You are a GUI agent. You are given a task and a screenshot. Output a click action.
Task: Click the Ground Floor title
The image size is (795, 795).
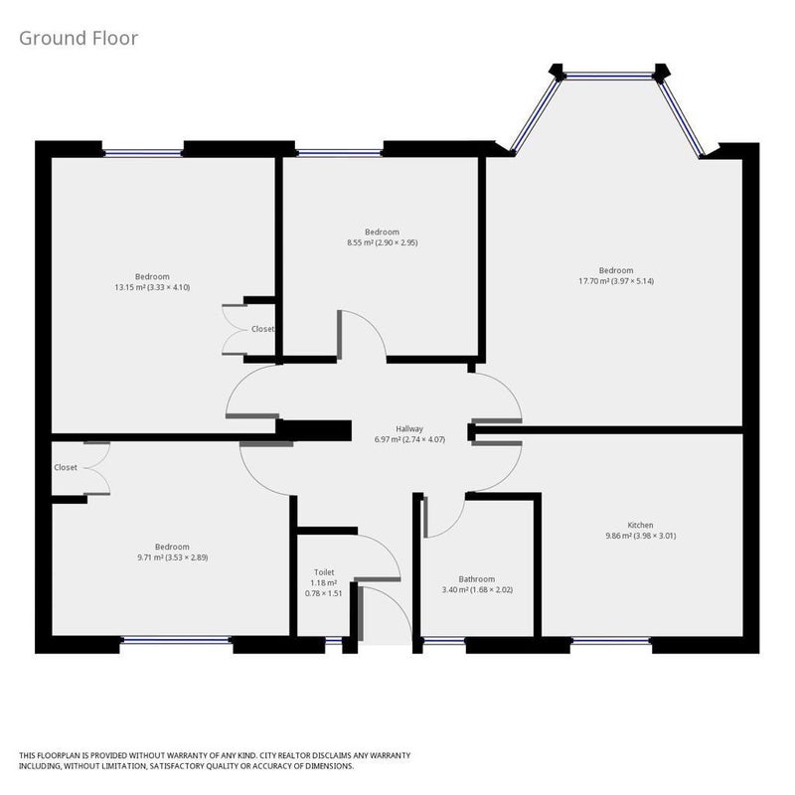79,39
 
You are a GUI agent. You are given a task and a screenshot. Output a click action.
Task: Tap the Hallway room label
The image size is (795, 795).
409,429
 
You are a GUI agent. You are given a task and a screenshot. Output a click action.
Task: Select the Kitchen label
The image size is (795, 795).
640,525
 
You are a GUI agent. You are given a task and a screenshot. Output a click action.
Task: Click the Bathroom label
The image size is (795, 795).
477,579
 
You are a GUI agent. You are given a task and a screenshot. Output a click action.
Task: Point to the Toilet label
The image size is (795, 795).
324,572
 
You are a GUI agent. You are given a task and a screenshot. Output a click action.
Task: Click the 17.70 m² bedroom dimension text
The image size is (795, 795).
616,281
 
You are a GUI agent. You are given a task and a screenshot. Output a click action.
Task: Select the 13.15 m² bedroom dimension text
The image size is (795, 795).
152,287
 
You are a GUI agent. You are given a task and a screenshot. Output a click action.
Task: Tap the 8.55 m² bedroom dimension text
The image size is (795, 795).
383,242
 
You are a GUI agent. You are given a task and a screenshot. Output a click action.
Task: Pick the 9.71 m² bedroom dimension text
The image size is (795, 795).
172,557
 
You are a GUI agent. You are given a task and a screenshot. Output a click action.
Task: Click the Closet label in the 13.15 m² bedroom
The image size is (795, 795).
262,329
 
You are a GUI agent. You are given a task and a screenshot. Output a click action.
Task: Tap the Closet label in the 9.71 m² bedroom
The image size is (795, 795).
66,467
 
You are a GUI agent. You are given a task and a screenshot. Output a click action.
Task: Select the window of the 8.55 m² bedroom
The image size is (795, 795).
339,153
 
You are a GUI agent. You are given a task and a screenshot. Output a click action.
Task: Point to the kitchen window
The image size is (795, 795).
611,641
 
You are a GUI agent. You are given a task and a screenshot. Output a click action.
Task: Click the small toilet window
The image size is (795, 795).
334,641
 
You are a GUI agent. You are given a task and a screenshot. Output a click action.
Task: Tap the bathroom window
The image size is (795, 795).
444,641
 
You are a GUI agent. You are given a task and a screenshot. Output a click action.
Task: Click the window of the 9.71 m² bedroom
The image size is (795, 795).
177,641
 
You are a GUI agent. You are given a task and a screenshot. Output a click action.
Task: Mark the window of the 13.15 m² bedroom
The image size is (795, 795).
142,153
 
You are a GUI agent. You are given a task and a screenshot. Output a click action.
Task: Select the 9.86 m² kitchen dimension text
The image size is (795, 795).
640,536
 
